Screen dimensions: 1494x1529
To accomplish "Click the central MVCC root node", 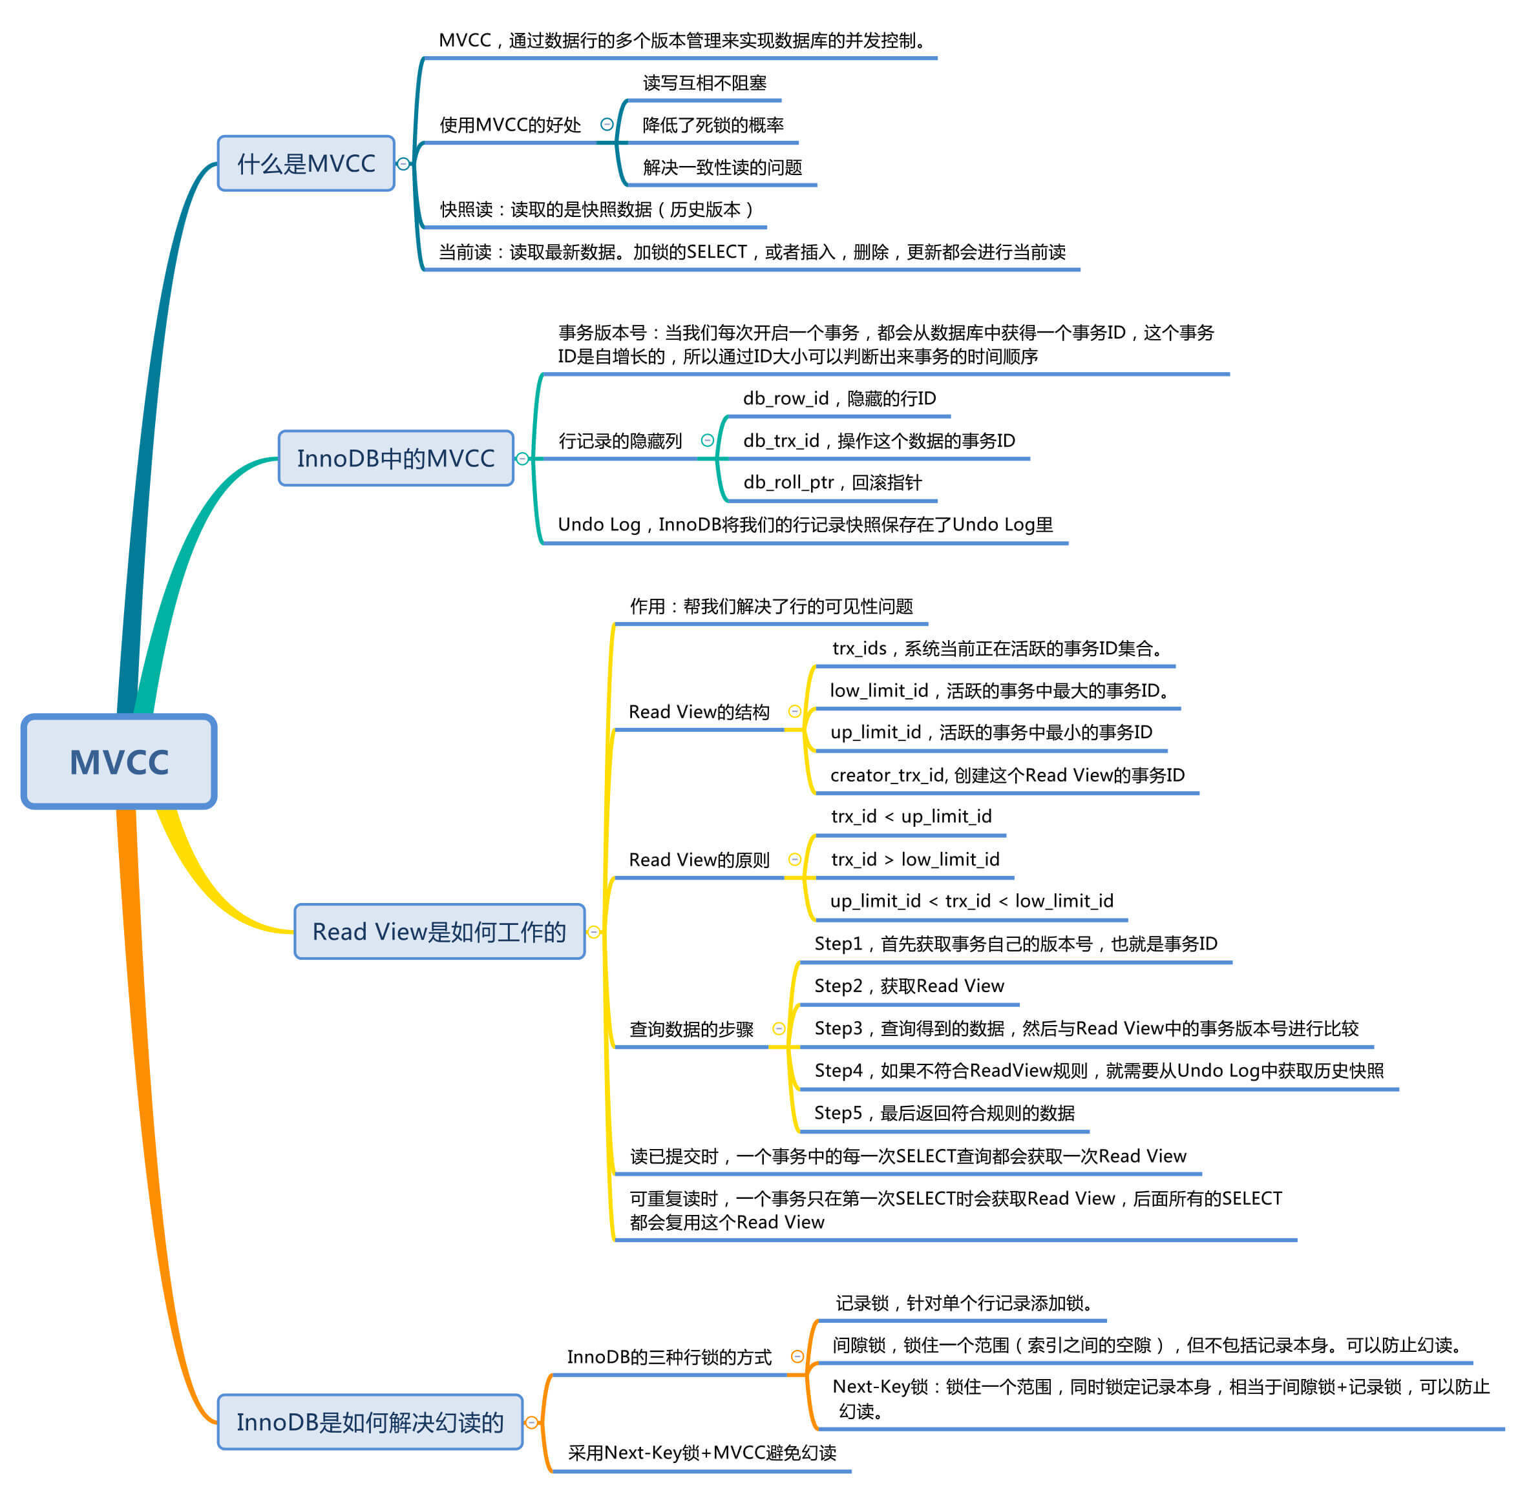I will [x=120, y=761].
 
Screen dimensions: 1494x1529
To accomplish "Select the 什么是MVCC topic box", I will [x=306, y=163].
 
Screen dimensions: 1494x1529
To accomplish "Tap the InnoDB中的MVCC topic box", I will [x=395, y=458].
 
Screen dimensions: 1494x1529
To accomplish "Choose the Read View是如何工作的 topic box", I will [x=439, y=931].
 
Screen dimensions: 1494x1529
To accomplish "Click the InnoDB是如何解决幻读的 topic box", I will [x=370, y=1422].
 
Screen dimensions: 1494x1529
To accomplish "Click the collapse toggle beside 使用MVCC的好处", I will [x=607, y=124].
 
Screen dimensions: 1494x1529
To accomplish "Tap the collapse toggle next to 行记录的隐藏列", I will [x=707, y=441].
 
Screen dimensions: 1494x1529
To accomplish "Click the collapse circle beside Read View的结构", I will [x=794, y=711].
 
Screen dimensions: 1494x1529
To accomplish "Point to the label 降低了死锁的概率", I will [x=713, y=125].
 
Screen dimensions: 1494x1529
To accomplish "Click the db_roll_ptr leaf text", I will [x=832, y=482].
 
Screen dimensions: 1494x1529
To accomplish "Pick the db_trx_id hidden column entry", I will [x=878, y=441].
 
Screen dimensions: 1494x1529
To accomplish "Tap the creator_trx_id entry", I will [x=1007, y=775].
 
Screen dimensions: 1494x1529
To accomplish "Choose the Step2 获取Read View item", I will [x=909, y=986].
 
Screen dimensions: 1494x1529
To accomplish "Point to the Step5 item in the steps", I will [x=944, y=1113].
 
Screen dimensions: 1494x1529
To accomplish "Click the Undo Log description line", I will [x=805, y=524].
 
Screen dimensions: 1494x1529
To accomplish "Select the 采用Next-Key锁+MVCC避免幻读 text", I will [x=702, y=1453].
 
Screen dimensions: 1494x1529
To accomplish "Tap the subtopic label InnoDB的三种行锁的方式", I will [x=669, y=1356].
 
